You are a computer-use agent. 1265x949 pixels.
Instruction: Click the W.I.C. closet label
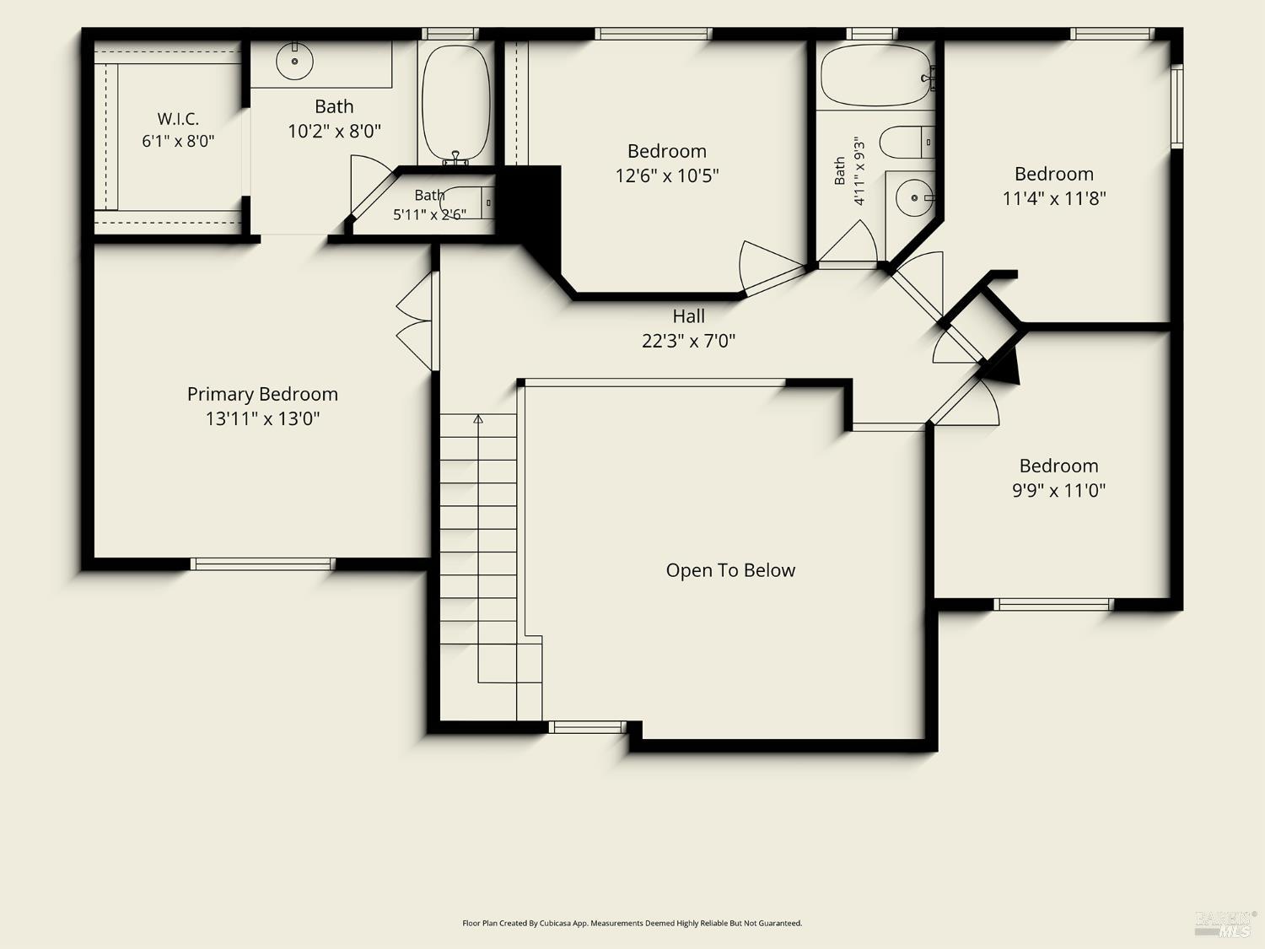coord(178,119)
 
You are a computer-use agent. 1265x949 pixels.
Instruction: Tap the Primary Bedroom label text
coord(262,394)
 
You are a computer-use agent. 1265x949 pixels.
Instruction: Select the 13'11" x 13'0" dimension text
coord(262,418)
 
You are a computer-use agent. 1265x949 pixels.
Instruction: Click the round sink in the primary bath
coord(294,61)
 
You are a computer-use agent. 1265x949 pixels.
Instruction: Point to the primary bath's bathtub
coord(456,104)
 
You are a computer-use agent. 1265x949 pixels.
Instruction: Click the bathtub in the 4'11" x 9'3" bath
coord(877,75)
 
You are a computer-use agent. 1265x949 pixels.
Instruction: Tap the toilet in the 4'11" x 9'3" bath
coord(907,143)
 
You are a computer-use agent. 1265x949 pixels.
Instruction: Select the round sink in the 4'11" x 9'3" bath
coord(915,197)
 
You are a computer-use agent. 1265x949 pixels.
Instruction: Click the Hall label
coord(689,316)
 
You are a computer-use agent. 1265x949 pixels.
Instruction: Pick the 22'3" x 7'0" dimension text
coord(689,341)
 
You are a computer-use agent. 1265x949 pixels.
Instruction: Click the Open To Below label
coord(730,570)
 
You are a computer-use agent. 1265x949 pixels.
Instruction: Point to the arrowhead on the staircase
coord(478,419)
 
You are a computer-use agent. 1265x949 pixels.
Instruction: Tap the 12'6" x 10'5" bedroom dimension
coord(667,175)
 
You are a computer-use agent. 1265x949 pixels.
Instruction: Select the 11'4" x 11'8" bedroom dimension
coord(1054,198)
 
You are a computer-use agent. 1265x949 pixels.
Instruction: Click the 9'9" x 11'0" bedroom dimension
coord(1058,490)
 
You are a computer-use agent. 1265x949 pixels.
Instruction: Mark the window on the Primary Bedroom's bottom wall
coord(262,564)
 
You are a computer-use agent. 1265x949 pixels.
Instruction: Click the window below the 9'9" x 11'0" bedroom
coord(1053,605)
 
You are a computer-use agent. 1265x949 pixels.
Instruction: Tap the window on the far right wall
coord(1176,106)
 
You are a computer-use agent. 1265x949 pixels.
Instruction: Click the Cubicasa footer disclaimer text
coord(632,923)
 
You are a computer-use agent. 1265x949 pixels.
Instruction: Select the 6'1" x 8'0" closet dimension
coord(178,141)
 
